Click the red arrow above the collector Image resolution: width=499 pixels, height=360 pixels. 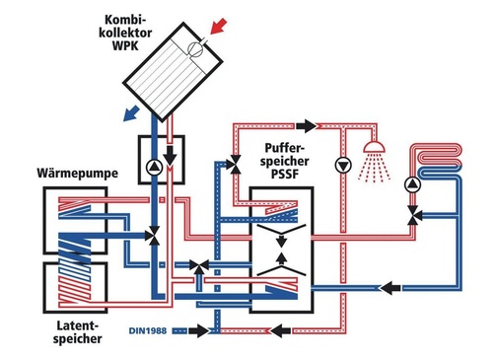click(218, 26)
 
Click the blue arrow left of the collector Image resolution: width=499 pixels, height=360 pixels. click(131, 112)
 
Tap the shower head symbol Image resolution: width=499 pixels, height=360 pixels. click(374, 147)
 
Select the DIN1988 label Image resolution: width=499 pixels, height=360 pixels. click(148, 330)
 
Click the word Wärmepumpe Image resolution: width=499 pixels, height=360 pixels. click(77, 174)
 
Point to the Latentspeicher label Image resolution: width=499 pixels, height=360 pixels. click(78, 332)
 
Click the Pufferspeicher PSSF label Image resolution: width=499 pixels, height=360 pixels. click(285, 161)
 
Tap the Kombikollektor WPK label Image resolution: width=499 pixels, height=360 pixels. click(125, 33)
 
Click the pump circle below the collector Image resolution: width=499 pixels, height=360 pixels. click(154, 168)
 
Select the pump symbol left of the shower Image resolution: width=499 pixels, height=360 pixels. click(343, 166)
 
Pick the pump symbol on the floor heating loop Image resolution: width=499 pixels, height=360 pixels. click(412, 184)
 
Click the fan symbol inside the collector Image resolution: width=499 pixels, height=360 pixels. click(195, 49)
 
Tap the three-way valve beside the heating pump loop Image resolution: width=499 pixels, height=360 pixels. click(412, 215)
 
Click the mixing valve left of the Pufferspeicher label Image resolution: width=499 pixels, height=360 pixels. click(234, 164)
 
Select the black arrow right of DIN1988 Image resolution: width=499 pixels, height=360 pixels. click(199, 330)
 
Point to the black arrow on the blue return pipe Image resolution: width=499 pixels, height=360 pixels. click(391, 288)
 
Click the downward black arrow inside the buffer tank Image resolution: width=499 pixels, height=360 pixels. click(281, 240)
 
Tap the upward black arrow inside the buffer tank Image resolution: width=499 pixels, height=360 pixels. click(281, 258)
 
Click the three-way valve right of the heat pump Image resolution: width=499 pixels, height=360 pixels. click(153, 236)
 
